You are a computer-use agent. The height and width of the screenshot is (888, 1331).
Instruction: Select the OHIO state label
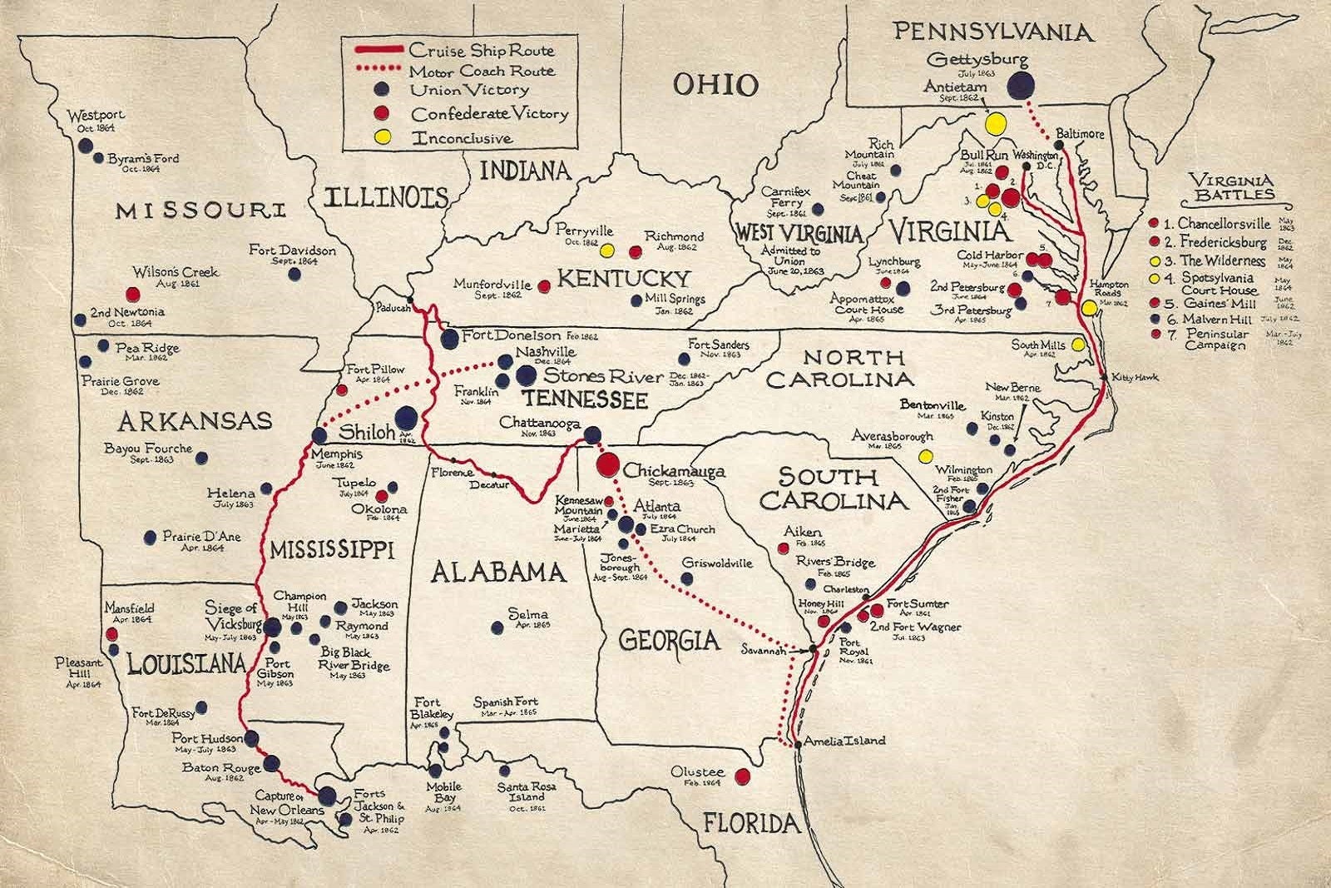[x=715, y=84]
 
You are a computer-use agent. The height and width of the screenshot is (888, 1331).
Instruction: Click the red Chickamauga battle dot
[x=607, y=463]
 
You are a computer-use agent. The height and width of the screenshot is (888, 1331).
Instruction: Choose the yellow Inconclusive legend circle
[x=381, y=136]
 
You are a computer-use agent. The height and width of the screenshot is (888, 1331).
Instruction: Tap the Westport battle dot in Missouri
[x=84, y=146]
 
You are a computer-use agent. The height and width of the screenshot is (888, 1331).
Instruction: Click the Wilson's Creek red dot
[x=131, y=293]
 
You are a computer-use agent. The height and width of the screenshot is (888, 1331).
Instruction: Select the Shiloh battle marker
[x=406, y=417]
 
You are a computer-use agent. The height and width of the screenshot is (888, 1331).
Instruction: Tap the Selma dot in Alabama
[x=498, y=628]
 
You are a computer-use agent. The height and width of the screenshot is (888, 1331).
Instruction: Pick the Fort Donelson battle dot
[x=449, y=337]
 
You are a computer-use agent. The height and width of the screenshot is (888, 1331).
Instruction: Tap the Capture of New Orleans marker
[x=327, y=796]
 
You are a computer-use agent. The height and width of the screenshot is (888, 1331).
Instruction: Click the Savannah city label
[x=764, y=652]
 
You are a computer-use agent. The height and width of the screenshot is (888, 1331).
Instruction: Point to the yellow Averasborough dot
[x=923, y=455]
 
